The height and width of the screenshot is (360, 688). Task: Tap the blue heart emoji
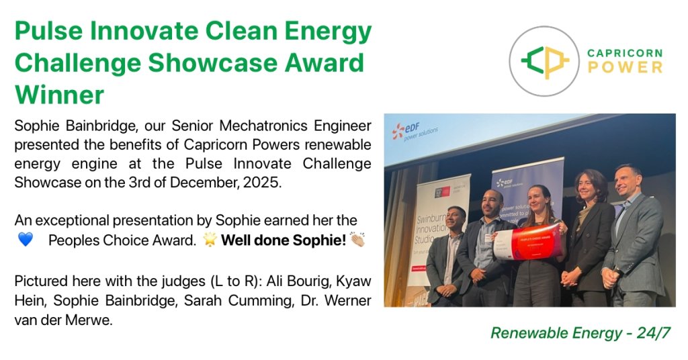pyautogui.click(x=25, y=240)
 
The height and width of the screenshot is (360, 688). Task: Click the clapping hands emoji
pyautogui.click(x=356, y=240)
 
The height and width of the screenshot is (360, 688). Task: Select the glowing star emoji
pyautogui.click(x=210, y=240)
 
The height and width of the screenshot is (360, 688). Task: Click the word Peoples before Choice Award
pyautogui.click(x=73, y=240)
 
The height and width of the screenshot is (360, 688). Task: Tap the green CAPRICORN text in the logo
pyautogui.click(x=625, y=53)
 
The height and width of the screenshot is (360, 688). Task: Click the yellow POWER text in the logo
pyautogui.click(x=625, y=67)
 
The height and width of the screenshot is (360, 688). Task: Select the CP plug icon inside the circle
pyautogui.click(x=546, y=61)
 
